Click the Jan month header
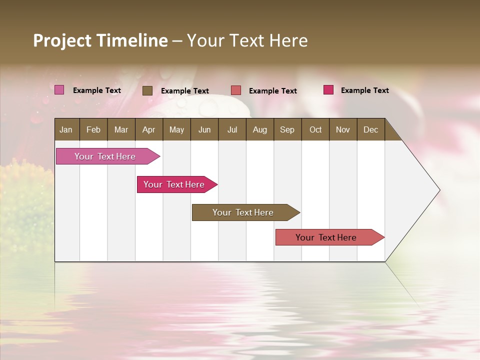(x=66, y=130)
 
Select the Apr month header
(x=148, y=130)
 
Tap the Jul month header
(x=232, y=130)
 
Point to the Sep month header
(x=287, y=130)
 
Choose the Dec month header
(x=370, y=130)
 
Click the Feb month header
(x=93, y=130)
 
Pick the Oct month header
(x=315, y=130)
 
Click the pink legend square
(x=59, y=90)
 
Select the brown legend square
(x=147, y=90)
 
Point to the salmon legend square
(x=236, y=90)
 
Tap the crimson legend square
(x=328, y=90)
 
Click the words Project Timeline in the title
(x=100, y=40)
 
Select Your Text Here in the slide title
(x=247, y=40)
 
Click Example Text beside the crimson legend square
(x=364, y=90)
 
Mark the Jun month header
(x=204, y=130)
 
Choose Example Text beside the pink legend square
(x=96, y=90)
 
